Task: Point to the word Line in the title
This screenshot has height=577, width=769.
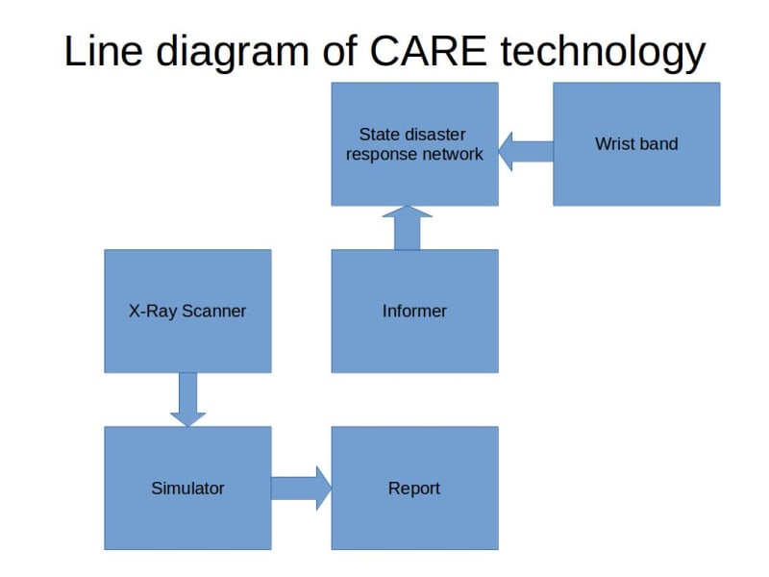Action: pos(99,50)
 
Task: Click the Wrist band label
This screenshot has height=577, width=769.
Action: pos(636,144)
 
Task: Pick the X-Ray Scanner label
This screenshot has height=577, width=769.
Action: pos(187,311)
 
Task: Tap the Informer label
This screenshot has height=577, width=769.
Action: pos(414,311)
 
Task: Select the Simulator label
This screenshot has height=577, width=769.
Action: pos(187,488)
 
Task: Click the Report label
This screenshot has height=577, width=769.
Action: pos(414,488)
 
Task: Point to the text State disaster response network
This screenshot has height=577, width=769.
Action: pos(414,144)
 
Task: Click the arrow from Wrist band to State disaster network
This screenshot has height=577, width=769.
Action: pos(526,152)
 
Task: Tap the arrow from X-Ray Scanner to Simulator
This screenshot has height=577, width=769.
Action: pos(187,399)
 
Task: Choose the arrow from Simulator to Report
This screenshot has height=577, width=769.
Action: pos(301,488)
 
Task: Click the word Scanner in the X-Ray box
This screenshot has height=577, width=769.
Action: pos(214,311)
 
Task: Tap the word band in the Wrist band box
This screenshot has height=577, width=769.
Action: pos(658,144)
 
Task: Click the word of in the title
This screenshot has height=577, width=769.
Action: pos(337,50)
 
